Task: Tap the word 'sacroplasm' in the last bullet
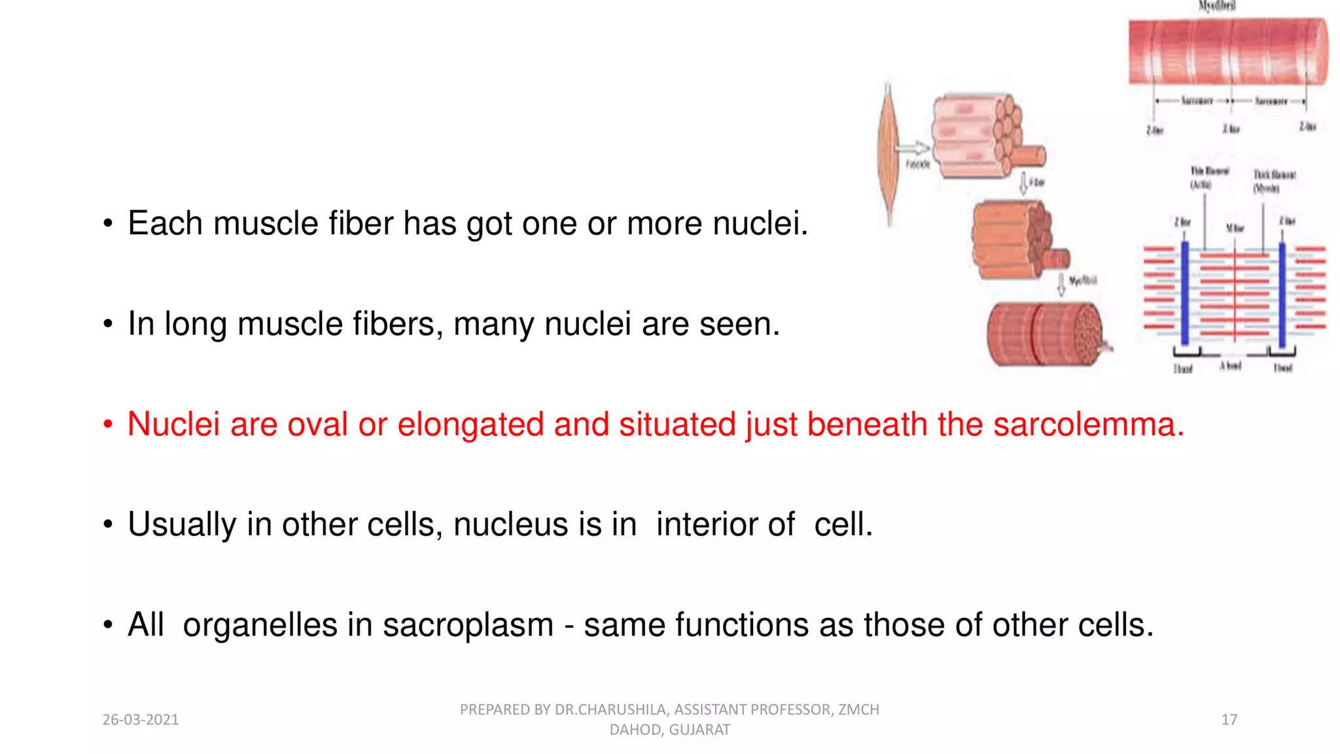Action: tap(468, 624)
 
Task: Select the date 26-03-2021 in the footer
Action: tap(141, 719)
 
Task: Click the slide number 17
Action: tap(1229, 719)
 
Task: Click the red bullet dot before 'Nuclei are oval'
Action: tap(108, 425)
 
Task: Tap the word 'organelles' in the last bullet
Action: tap(260, 624)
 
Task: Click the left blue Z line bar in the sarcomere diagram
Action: tap(1185, 293)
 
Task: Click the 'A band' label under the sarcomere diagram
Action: tap(1230, 366)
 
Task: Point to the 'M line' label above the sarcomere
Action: tap(1235, 228)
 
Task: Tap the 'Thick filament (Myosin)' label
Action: tap(1273, 181)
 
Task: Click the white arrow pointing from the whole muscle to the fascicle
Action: tap(914, 149)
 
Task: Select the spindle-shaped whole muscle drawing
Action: tap(888, 154)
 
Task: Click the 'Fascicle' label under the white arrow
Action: tap(917, 164)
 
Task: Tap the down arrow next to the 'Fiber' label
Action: tap(1023, 183)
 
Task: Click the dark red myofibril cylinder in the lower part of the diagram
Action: tap(1044, 334)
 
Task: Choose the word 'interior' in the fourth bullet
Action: tap(725, 524)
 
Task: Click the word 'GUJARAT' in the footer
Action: tap(699, 730)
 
